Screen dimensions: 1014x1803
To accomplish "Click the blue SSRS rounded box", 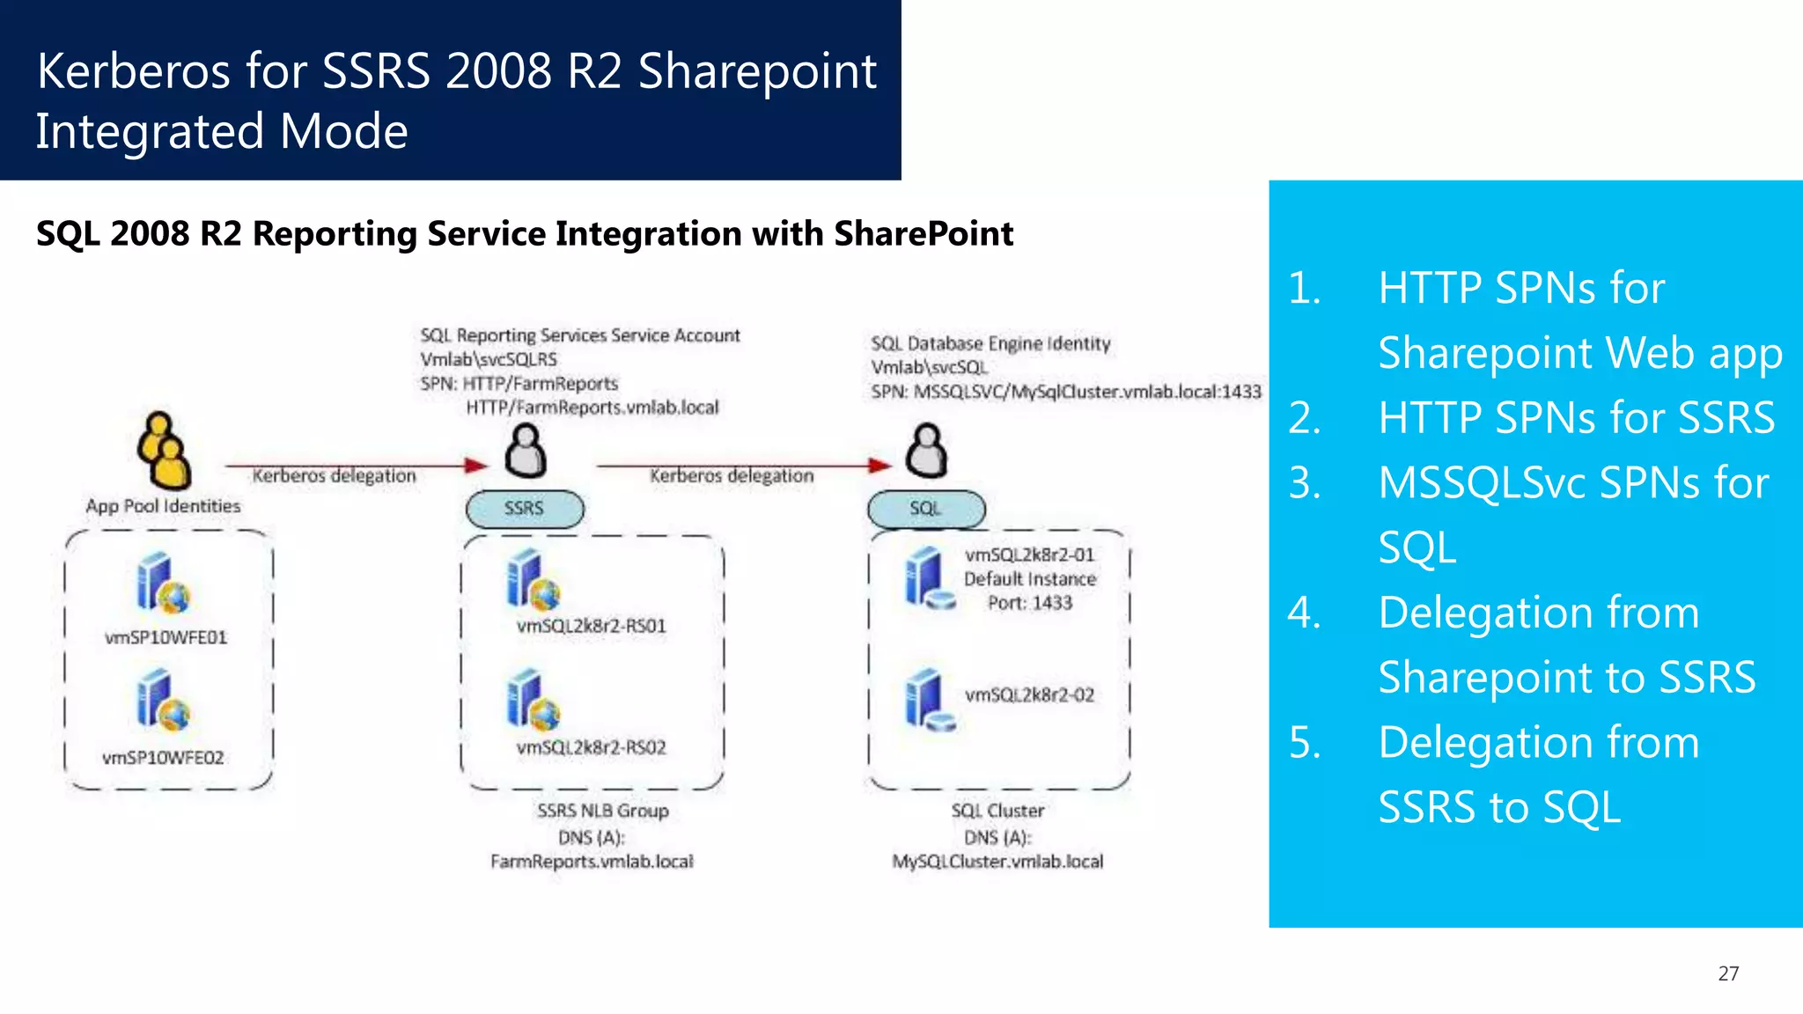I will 525,509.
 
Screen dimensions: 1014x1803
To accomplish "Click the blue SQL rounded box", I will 926,509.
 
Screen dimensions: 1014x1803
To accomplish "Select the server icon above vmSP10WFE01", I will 162,583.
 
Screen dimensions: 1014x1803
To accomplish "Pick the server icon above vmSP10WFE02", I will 162,701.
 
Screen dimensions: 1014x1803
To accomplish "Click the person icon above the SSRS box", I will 526,451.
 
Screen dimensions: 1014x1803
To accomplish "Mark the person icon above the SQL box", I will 927,451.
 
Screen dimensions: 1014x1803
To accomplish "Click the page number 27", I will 1728,974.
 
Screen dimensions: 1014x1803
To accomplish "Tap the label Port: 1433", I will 1029,603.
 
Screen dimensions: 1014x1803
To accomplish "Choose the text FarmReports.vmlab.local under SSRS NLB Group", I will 592,862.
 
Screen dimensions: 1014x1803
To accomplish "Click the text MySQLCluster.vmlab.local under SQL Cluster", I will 997,862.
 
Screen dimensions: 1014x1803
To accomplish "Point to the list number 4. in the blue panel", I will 1304,613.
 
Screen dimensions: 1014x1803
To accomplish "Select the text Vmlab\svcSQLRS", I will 489,360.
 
